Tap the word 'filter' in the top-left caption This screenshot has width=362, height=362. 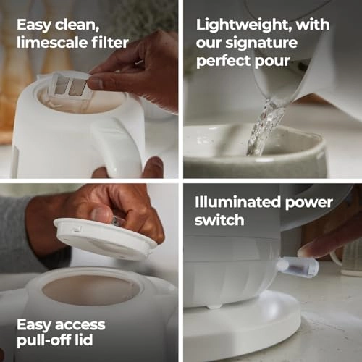(110, 43)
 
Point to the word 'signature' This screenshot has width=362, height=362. (261, 43)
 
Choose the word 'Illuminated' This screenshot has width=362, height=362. (237, 202)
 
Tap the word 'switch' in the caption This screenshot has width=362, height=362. (219, 220)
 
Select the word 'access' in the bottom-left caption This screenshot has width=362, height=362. (80, 325)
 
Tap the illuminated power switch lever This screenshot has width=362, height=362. (298, 267)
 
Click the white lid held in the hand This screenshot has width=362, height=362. (104, 239)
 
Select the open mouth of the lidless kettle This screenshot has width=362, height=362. (91, 290)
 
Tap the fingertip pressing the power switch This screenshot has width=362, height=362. (306, 252)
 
